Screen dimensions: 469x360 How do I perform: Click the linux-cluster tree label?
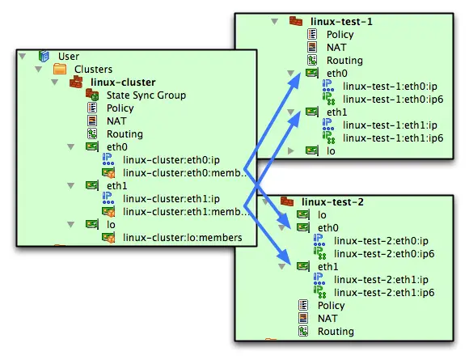123,83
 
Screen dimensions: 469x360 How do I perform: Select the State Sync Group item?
146,95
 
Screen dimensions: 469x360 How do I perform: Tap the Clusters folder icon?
60,69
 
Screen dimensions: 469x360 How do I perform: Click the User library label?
69,57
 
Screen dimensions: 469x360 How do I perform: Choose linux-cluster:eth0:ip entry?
171,160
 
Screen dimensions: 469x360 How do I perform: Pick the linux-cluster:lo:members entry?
183,238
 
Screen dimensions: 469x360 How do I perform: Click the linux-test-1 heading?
341,22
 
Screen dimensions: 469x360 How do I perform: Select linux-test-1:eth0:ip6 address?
393,100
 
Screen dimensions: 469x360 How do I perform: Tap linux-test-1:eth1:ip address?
390,125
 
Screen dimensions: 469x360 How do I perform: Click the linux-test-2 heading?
332,202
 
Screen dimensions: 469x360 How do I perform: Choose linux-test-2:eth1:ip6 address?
384,293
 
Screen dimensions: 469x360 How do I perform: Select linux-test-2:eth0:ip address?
381,241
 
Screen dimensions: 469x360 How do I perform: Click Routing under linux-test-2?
336,332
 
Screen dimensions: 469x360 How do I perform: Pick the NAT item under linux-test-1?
336,47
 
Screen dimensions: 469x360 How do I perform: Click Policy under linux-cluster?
120,108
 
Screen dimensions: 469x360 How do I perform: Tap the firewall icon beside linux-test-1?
296,21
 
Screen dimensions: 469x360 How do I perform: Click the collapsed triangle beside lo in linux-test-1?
290,150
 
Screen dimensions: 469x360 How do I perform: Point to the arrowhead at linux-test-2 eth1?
284,258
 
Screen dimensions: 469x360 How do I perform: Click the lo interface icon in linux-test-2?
303,214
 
